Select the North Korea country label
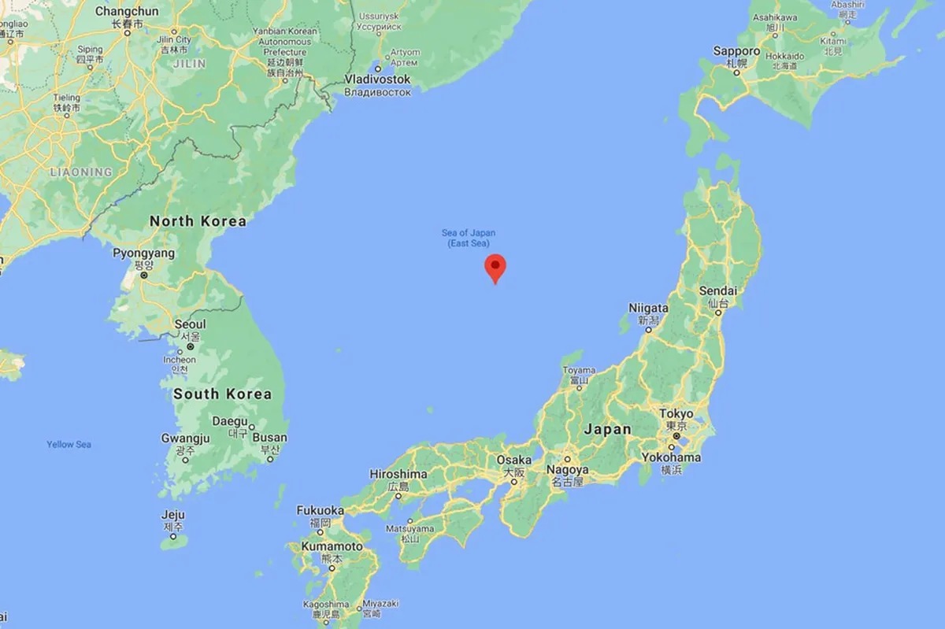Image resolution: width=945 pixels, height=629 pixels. click(198, 221)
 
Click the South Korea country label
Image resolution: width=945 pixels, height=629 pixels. click(222, 394)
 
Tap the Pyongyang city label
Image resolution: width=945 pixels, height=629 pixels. click(143, 253)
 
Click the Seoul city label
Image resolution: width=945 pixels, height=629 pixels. click(190, 324)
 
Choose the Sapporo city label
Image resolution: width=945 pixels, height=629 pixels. click(736, 51)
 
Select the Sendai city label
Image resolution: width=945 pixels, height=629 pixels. click(717, 290)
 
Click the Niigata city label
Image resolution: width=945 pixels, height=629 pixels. click(648, 308)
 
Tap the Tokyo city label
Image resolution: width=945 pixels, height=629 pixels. click(676, 413)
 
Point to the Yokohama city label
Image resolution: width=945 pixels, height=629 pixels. click(671, 457)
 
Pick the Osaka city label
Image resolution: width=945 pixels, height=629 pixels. click(513, 461)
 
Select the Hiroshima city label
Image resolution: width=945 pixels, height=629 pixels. click(398, 474)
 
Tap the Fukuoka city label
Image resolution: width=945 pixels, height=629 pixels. click(320, 510)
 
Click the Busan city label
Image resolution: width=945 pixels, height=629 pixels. click(270, 438)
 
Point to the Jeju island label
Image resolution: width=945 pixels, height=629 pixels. click(173, 515)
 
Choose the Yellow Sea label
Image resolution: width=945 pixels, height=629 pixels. click(69, 445)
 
